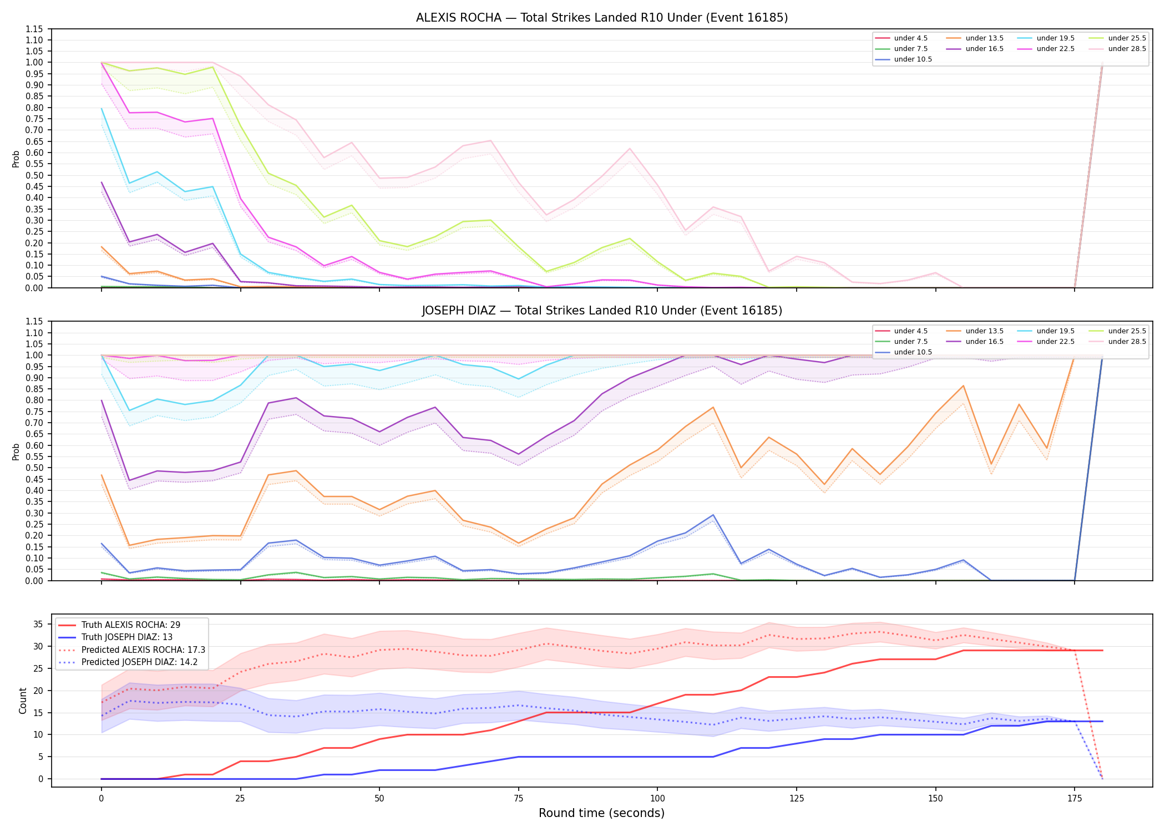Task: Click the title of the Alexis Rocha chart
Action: (x=602, y=18)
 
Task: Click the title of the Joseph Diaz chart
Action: (x=602, y=311)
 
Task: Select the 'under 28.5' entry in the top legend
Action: (x=1127, y=49)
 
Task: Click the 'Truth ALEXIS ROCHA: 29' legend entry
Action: (x=131, y=625)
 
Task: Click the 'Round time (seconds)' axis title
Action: (x=601, y=813)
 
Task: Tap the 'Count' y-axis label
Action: (x=23, y=701)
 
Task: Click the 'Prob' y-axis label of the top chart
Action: (x=16, y=159)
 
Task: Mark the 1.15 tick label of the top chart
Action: (x=34, y=29)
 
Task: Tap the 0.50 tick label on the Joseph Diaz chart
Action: (x=34, y=468)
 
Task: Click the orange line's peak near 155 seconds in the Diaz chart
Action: (x=963, y=385)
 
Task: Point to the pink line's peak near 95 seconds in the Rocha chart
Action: (x=630, y=148)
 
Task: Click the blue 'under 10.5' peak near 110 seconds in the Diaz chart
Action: (x=713, y=515)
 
